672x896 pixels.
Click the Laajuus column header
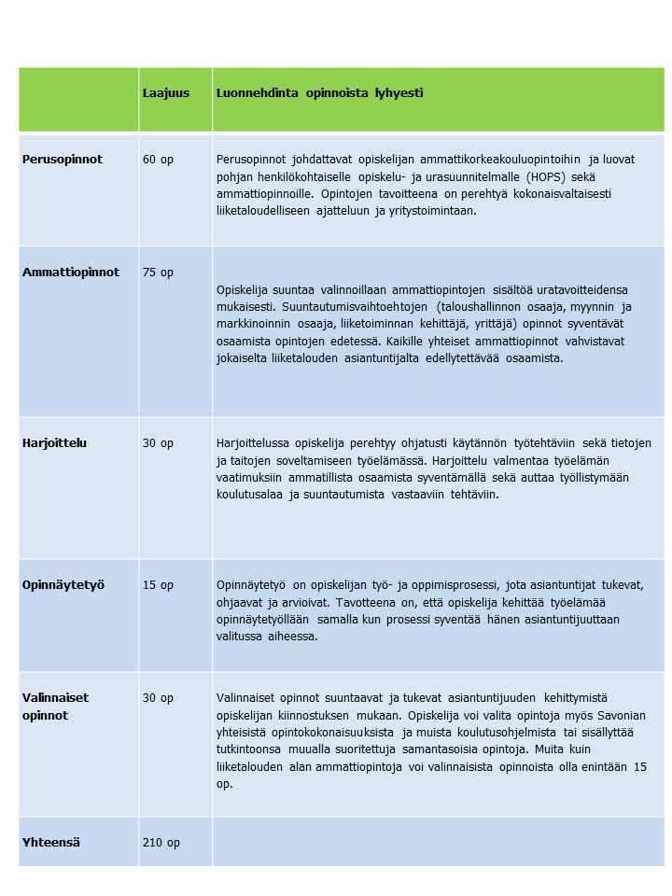[165, 93]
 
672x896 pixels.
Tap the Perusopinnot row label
[63, 160]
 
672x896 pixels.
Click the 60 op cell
[158, 160]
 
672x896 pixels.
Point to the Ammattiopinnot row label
[71, 273]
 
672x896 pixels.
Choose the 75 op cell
[158, 273]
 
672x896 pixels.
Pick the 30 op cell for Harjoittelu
[158, 443]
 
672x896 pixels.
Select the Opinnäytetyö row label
[63, 585]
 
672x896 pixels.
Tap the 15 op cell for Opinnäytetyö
[158, 585]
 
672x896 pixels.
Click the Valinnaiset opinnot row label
[56, 707]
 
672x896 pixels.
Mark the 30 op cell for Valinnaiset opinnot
[158, 697]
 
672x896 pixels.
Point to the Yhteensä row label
[51, 843]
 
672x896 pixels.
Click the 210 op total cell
[161, 843]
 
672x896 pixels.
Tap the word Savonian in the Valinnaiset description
[620, 715]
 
